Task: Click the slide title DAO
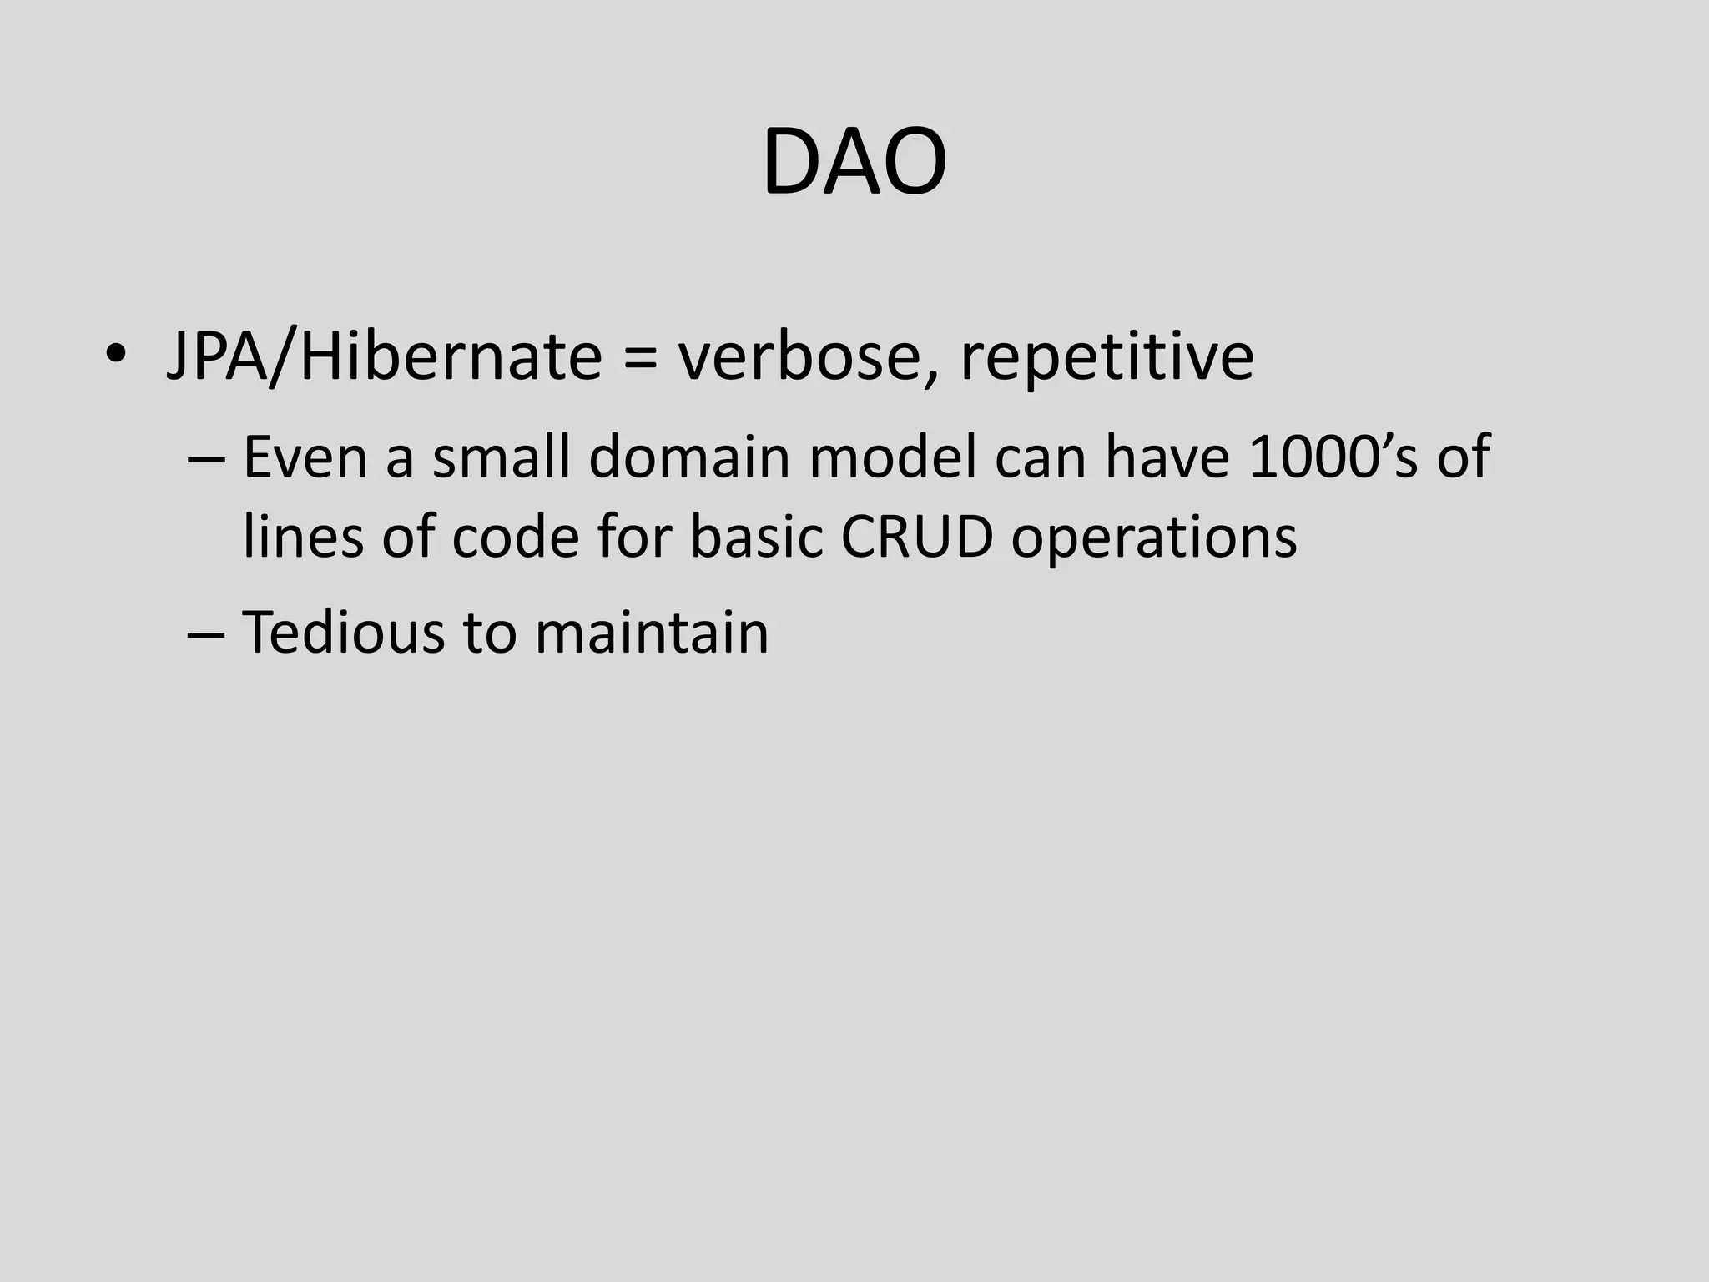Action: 854,162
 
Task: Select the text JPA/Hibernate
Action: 384,356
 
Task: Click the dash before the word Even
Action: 206,458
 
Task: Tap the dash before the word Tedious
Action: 206,633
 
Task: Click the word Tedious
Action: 343,632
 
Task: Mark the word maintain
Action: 652,632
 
